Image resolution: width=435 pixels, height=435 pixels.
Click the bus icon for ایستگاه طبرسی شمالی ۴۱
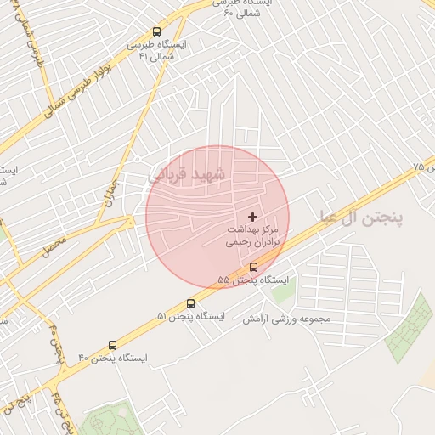pos(155,31)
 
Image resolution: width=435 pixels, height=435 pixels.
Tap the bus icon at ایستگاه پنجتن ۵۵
pos(253,266)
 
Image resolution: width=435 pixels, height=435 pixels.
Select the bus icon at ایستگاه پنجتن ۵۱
pos(190,302)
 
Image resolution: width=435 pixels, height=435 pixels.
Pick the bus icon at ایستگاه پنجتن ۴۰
pos(113,345)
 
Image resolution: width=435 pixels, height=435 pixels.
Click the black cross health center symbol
pos(252,217)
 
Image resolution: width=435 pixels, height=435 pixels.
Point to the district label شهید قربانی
pos(188,174)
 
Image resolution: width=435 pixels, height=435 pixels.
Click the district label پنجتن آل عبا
pos(361,217)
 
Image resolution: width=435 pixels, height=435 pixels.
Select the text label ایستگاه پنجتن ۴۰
pos(113,359)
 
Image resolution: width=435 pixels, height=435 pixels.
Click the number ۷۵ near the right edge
pos(417,167)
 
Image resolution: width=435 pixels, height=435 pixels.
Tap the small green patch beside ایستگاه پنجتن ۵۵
pos(282,293)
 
